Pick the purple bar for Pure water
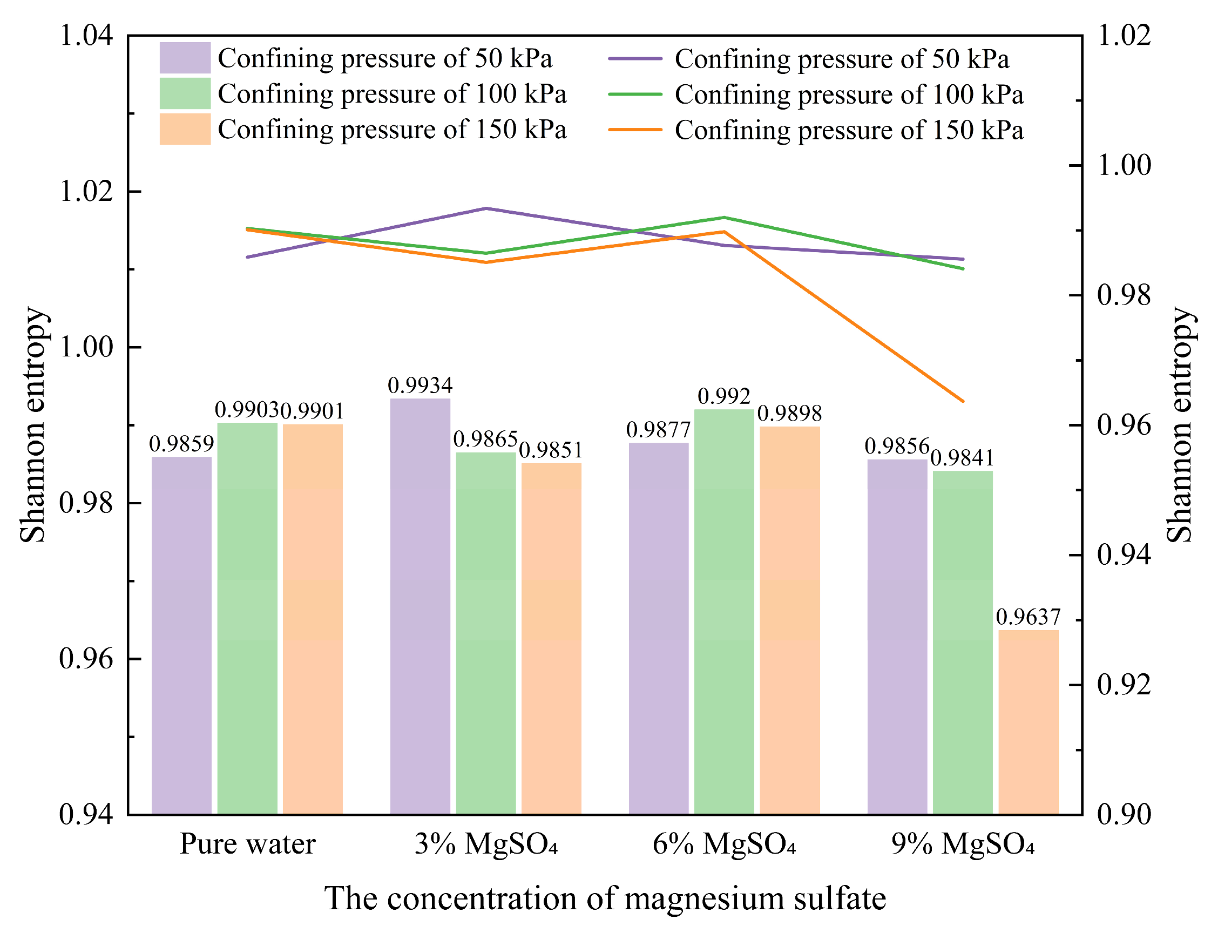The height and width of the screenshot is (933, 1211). (181, 635)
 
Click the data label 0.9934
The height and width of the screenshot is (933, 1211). (420, 386)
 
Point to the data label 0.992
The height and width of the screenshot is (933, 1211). (724, 396)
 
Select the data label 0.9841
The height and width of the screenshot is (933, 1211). (963, 458)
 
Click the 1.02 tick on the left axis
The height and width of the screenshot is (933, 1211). (85, 191)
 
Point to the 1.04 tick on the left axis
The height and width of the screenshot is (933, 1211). (85, 36)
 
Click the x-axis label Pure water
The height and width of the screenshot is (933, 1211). (247, 844)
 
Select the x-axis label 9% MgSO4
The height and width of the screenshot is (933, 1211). (963, 844)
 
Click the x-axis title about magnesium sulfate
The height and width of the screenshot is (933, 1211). (605, 898)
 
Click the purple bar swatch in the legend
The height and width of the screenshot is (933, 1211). (185, 58)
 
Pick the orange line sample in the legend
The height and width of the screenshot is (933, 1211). (635, 130)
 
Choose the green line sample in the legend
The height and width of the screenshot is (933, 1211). (635, 94)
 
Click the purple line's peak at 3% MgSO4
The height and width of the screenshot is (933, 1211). (486, 208)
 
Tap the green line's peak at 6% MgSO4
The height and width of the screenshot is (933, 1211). (724, 217)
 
